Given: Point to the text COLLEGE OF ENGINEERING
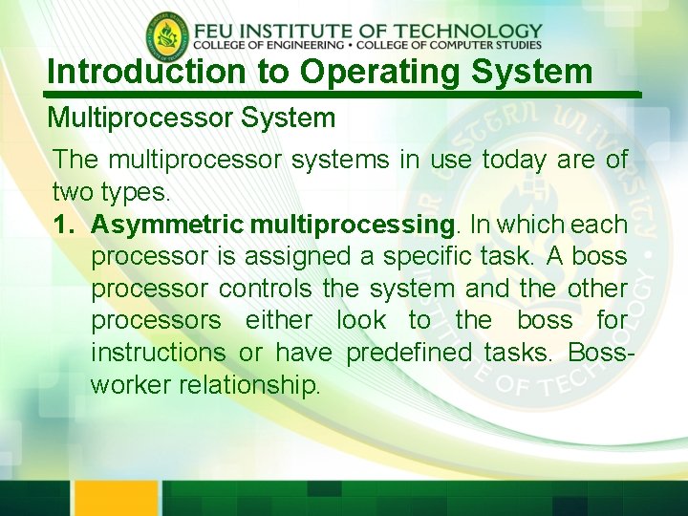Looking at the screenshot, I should (269, 45).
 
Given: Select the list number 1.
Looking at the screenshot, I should (62, 225).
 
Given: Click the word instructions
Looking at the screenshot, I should (158, 353).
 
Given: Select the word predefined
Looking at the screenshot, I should (408, 353).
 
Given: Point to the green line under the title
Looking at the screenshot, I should (344, 95).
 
